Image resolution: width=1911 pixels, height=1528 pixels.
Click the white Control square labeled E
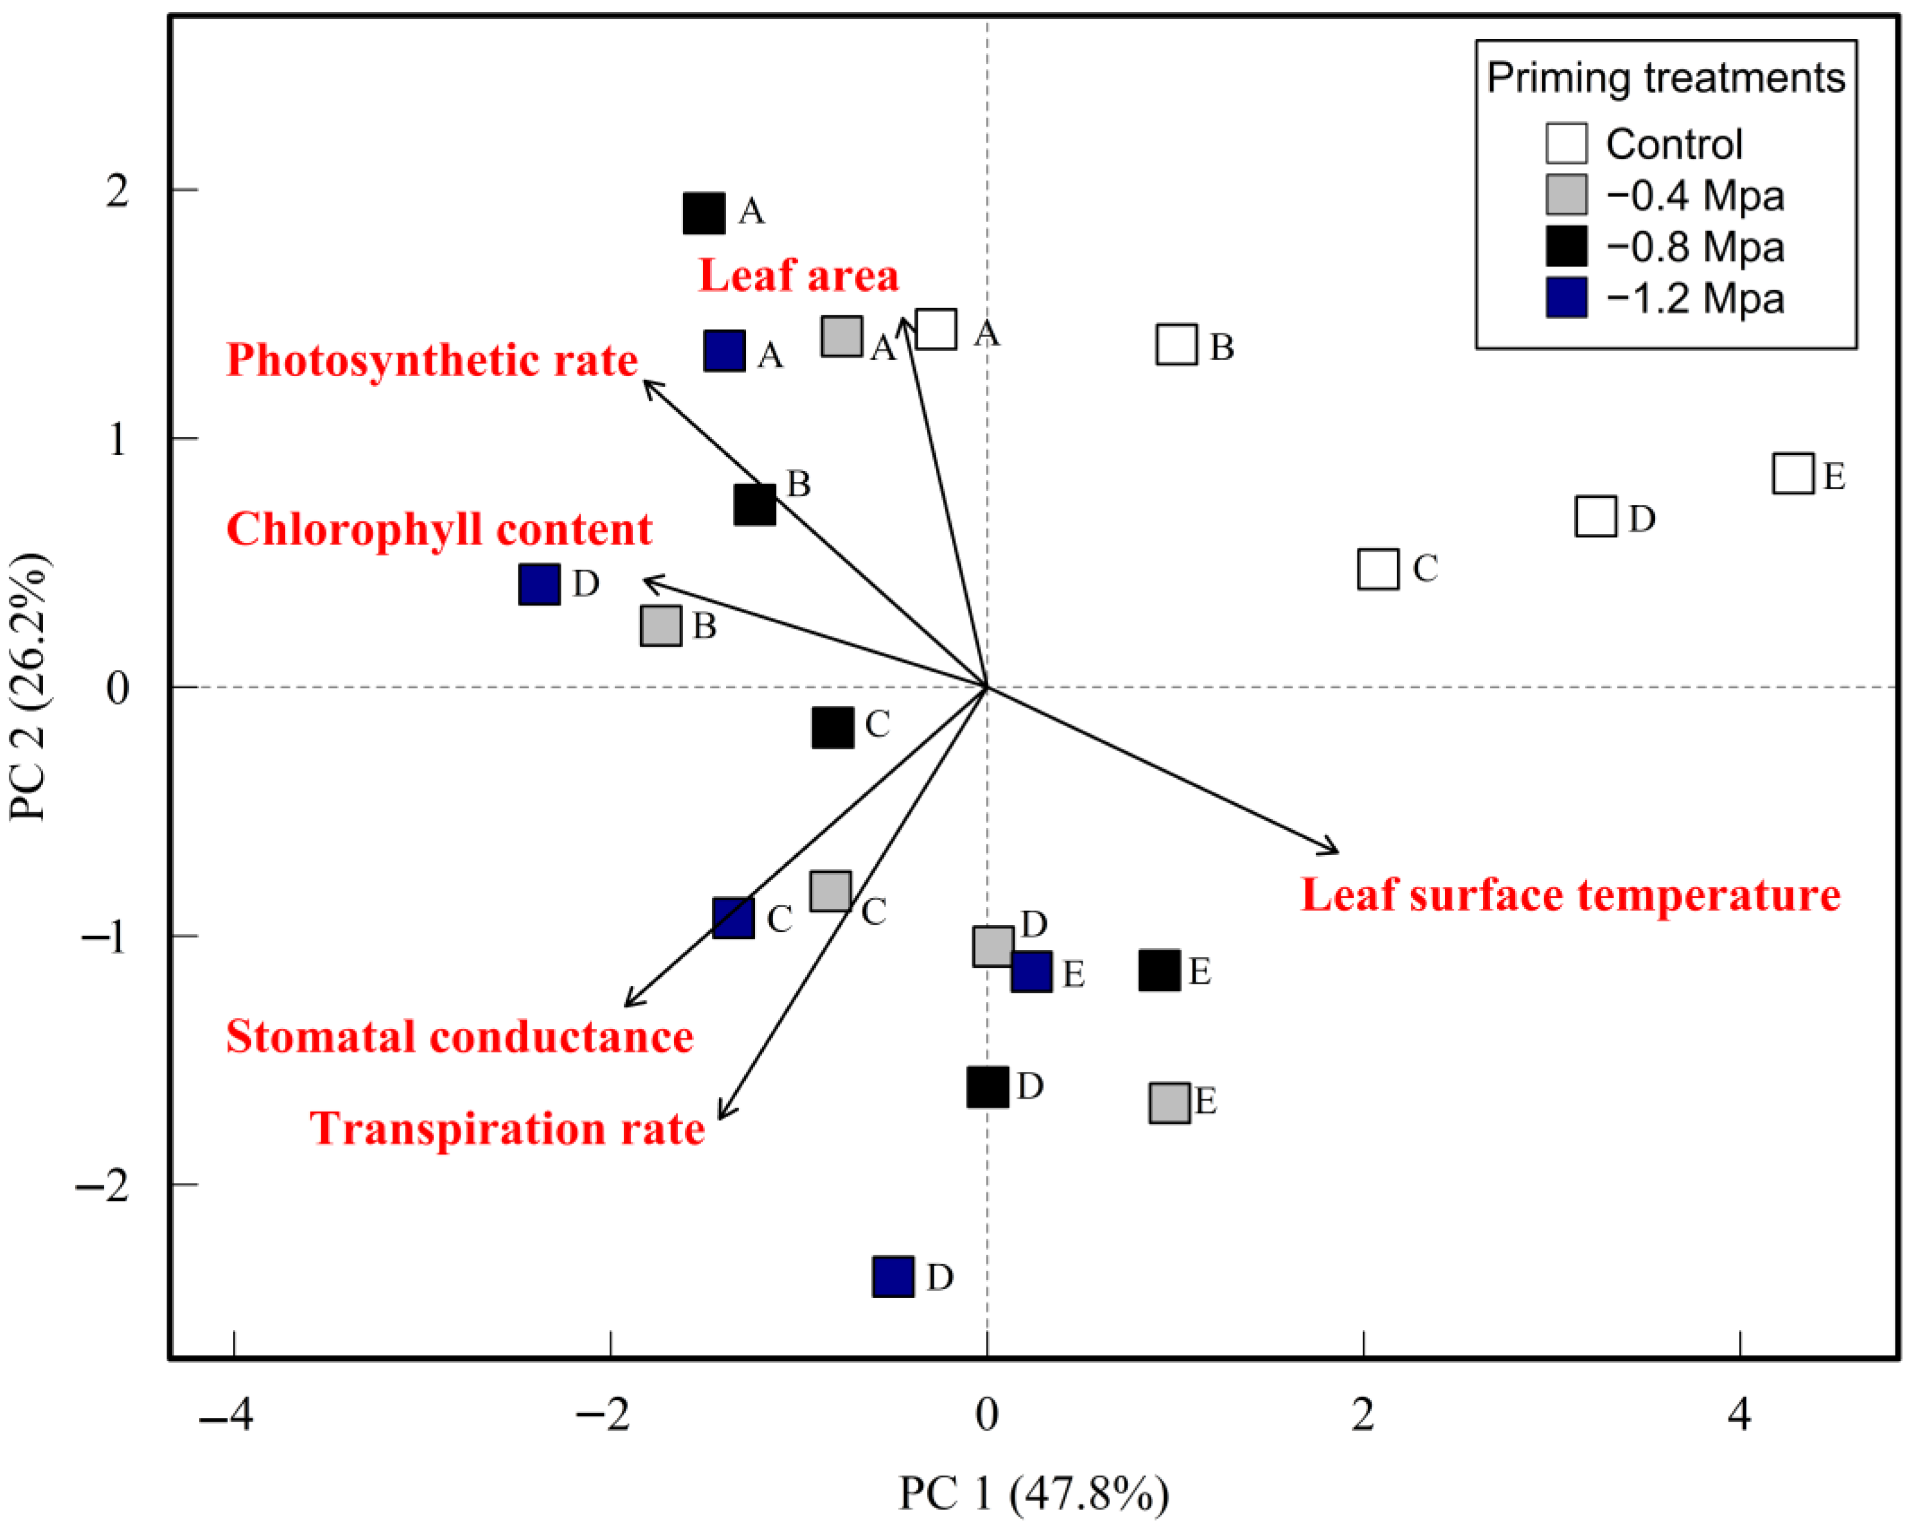pos(1792,474)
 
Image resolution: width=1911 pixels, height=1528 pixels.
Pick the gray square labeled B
pos(661,626)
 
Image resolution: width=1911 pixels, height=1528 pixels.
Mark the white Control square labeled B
pos(1177,344)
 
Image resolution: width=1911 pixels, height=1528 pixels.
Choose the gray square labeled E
pos(1169,1103)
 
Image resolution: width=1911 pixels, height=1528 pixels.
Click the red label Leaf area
pos(798,276)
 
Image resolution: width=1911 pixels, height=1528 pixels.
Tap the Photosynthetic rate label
pos(432,360)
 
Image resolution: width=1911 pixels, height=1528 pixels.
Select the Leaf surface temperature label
pos(1570,895)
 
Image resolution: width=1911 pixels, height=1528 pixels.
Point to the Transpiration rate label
pos(507,1129)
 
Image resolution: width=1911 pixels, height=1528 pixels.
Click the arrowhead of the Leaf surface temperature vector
pos(1337,851)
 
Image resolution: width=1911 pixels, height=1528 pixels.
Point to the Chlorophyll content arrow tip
pos(646,580)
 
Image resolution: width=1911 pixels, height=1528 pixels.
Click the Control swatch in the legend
pos(1566,143)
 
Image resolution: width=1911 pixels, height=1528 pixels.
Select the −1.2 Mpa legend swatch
pos(1566,298)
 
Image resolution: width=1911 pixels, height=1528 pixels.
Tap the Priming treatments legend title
pos(1666,78)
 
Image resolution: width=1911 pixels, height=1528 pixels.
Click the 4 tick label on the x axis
pos(1739,1415)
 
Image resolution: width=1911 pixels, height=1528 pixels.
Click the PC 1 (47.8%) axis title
pos(1034,1493)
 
